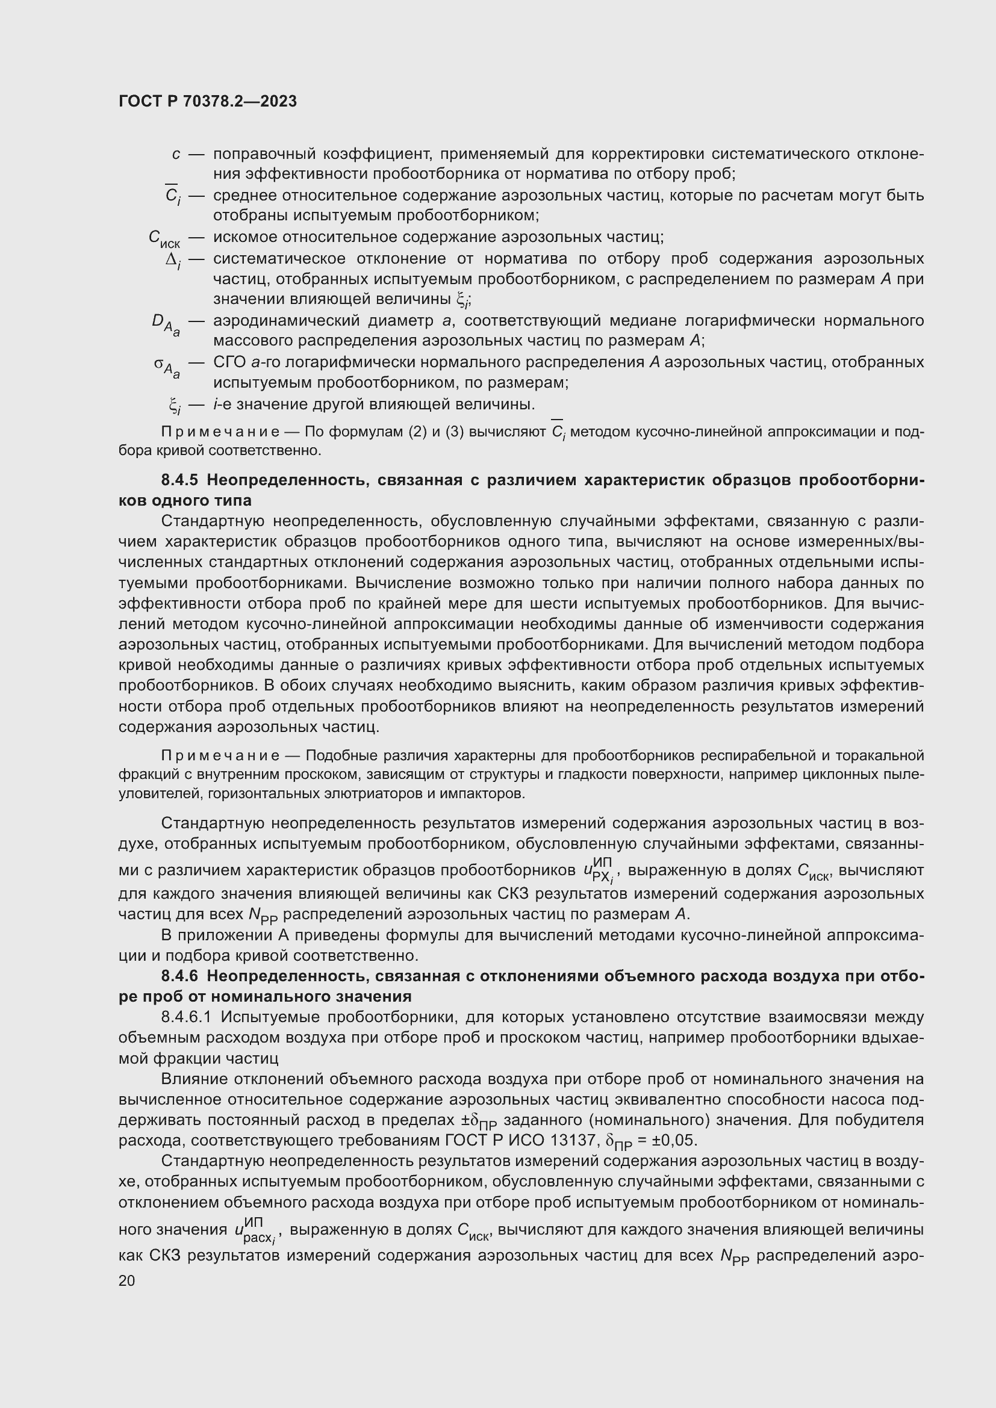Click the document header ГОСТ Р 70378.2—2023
coord(208,101)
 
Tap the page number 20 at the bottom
coord(127,1280)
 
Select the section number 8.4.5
coord(180,480)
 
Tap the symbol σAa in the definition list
coord(166,365)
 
